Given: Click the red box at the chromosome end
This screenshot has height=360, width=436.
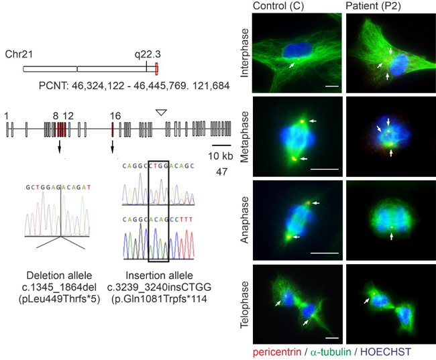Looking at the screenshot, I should point(156,68).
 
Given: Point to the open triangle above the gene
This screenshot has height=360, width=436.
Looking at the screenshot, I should point(160,113).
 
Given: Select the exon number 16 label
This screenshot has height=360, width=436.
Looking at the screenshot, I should point(115,116).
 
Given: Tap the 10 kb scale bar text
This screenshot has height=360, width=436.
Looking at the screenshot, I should point(221,156).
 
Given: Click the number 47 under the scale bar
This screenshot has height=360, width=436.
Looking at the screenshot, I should point(221,172).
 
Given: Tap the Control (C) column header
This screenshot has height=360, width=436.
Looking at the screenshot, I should point(277,7).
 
